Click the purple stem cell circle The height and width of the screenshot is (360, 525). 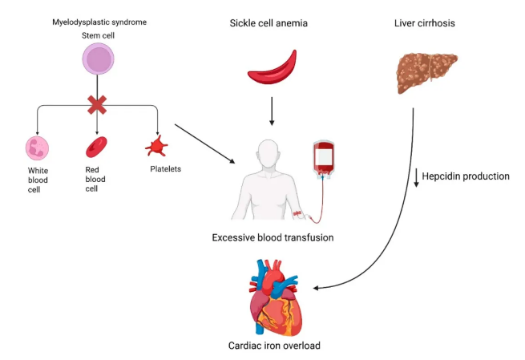tap(97, 61)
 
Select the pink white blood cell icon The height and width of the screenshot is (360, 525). tap(38, 148)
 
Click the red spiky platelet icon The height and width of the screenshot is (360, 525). tap(156, 147)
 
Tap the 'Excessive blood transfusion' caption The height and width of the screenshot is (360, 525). tap(272, 237)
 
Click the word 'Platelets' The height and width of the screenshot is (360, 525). tap(167, 169)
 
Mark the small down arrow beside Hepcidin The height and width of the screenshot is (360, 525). tap(416, 176)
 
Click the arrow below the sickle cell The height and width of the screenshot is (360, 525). tap(272, 111)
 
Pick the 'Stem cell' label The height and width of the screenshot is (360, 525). tap(97, 36)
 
